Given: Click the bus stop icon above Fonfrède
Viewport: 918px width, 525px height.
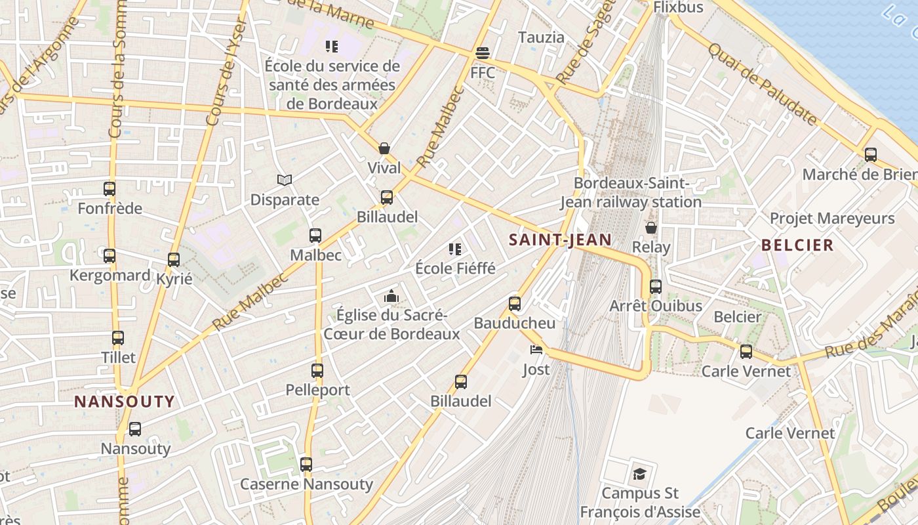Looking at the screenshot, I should click(110, 189).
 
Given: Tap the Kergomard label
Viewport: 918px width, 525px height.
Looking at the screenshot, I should click(110, 275).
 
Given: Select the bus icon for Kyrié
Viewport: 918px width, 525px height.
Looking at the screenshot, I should click(174, 260).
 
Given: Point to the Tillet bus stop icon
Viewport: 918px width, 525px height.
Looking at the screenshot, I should click(118, 338).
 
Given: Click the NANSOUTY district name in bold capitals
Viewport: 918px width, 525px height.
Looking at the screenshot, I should click(125, 402).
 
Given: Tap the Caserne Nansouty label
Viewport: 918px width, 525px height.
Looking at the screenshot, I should click(306, 484).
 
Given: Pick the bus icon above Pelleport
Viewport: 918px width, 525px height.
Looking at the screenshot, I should click(317, 371).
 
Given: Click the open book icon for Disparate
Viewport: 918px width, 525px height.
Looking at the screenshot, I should click(285, 180).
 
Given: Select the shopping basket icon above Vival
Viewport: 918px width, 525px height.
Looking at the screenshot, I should click(384, 148).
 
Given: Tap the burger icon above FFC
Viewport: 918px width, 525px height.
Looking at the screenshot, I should click(483, 52).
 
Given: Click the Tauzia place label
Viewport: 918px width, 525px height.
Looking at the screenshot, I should click(541, 37).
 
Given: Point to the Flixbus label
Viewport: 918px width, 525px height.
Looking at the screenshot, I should click(678, 7).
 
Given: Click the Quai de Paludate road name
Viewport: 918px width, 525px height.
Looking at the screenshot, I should click(763, 84).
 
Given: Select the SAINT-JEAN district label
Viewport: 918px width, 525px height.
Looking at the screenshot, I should click(560, 240).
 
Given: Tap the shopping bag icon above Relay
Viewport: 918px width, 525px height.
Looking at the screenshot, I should click(651, 228).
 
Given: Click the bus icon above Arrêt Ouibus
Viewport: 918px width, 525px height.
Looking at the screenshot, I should click(656, 287).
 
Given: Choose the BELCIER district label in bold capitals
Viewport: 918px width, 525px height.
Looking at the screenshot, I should click(797, 245).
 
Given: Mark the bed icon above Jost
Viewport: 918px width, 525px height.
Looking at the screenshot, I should click(536, 349).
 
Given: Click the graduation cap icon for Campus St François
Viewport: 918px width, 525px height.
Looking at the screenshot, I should click(639, 474).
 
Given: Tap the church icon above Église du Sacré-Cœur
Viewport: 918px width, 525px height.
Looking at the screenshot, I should click(391, 296).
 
